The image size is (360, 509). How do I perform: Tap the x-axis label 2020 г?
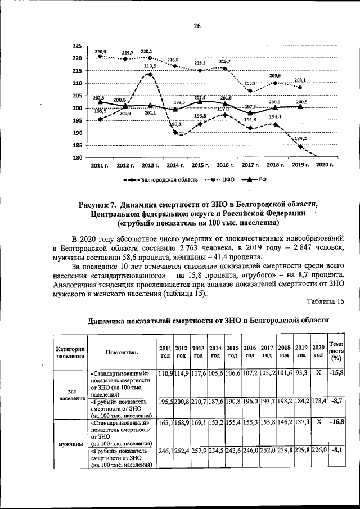pyautogui.click(x=325, y=165)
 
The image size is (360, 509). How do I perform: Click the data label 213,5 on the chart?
pyautogui.click(x=150, y=66)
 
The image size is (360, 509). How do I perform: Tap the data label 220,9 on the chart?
pyautogui.click(x=101, y=51)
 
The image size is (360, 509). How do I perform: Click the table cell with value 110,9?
pyautogui.click(x=165, y=373)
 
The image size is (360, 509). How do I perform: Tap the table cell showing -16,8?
pyautogui.click(x=336, y=421)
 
